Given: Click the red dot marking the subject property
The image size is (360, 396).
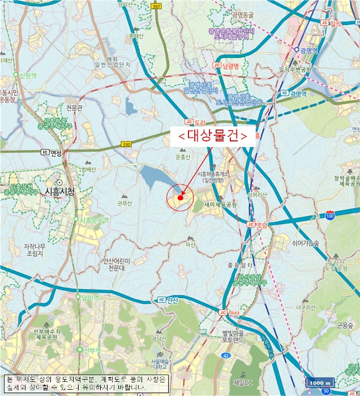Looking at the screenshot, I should coord(180,198).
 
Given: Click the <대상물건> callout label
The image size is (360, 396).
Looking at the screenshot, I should coord(212,136).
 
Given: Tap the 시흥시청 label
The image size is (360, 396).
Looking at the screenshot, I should coord(59,192).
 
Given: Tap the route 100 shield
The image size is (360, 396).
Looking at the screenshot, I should coord(330,216).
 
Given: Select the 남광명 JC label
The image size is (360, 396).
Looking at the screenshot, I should coord(228,65).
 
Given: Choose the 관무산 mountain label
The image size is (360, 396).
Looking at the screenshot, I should coord(125,204).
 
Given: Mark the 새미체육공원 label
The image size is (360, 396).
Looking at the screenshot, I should coord(220,205).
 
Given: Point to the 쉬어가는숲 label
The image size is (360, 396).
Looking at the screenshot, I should coord(306,243).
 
